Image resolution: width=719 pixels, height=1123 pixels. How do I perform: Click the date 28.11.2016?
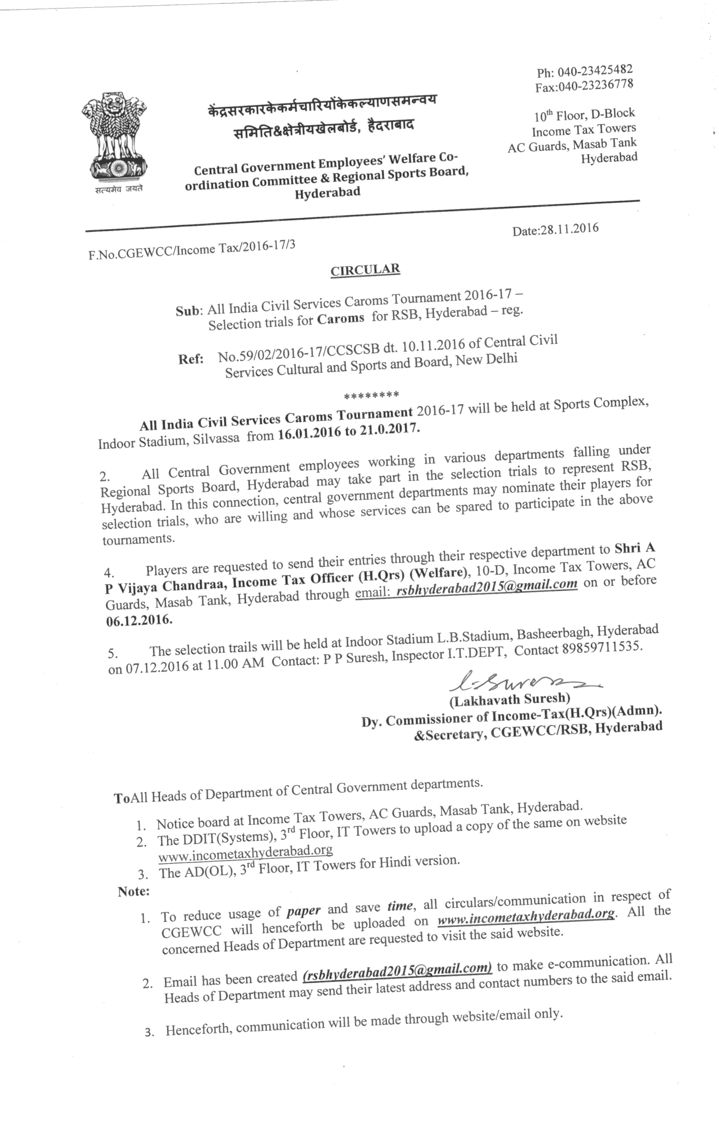pyautogui.click(x=569, y=229)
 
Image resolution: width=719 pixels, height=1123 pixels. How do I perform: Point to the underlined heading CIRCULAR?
pyautogui.click(x=365, y=269)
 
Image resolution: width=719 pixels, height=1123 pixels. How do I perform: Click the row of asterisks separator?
pyautogui.click(x=371, y=395)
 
